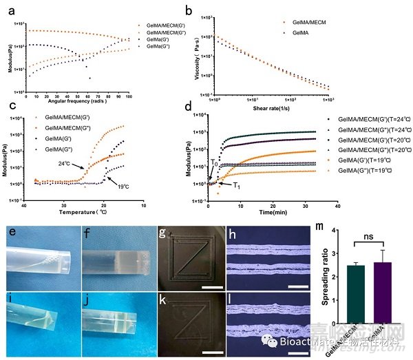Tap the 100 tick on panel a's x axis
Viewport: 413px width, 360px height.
pyautogui.click(x=128, y=99)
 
